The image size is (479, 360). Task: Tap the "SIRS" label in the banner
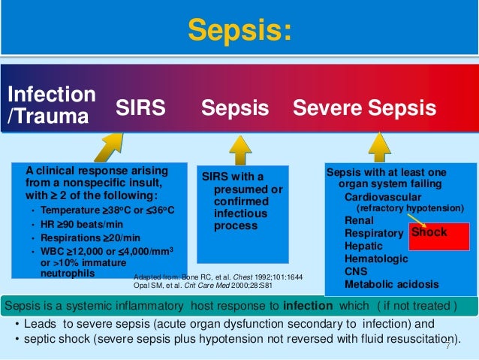(140, 108)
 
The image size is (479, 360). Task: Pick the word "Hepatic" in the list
(363, 246)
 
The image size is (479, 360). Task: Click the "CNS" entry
(357, 271)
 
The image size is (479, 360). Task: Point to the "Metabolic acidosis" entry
(388, 284)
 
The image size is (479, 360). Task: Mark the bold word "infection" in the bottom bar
(308, 307)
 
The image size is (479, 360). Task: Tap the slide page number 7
(447, 345)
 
